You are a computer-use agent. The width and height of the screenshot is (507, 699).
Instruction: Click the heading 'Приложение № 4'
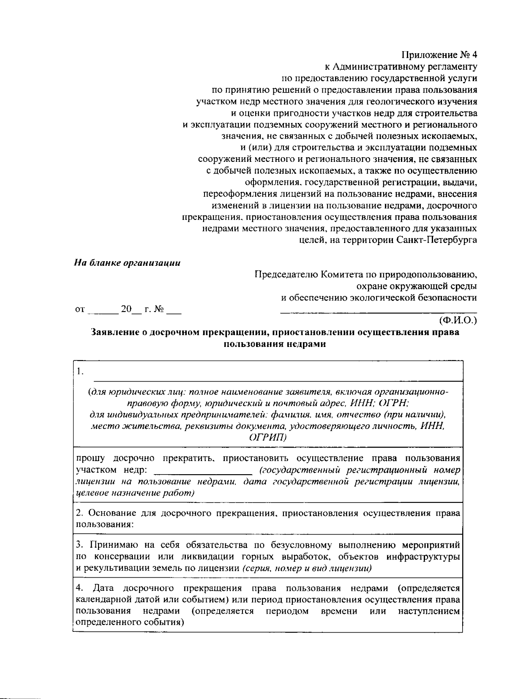[x=439, y=55]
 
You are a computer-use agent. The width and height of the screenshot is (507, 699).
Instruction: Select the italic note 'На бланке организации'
[x=127, y=263]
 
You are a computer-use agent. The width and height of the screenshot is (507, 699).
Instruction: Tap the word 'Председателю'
[x=286, y=275]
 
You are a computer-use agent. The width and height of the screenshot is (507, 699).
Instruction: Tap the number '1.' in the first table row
[x=80, y=372]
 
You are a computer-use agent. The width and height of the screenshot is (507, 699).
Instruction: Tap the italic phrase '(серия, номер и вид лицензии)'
[x=307, y=568]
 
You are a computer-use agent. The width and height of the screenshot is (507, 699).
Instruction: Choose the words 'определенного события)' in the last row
[x=130, y=623]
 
